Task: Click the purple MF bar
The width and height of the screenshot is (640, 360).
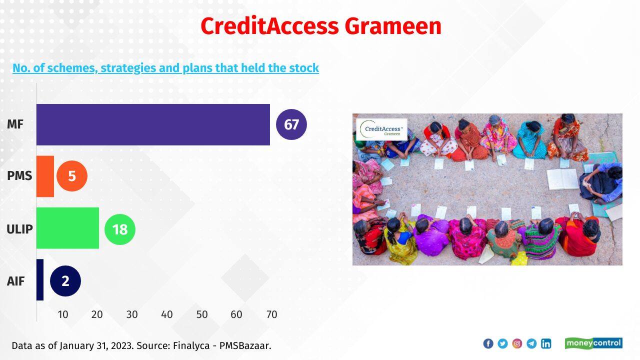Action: pyautogui.click(x=153, y=124)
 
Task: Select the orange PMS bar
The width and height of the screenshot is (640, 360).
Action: pyautogui.click(x=45, y=176)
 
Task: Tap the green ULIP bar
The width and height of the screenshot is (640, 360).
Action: pyautogui.click(x=67, y=228)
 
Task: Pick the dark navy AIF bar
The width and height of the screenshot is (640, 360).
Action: pyautogui.click(x=40, y=280)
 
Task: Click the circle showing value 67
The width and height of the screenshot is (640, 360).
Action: pyautogui.click(x=291, y=124)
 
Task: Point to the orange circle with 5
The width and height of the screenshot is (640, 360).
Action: pyautogui.click(x=72, y=176)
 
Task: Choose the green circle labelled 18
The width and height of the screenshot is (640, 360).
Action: pyautogui.click(x=120, y=229)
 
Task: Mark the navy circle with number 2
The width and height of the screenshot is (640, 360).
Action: pyautogui.click(x=65, y=281)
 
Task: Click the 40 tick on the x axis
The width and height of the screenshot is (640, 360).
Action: pyautogui.click(x=166, y=314)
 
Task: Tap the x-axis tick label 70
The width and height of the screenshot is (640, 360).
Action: pyautogui.click(x=271, y=314)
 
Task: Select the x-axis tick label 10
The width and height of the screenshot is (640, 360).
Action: pyautogui.click(x=63, y=314)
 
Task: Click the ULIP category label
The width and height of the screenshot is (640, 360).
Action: pyautogui.click(x=19, y=229)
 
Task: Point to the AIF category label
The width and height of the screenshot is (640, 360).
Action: pyautogui.click(x=15, y=281)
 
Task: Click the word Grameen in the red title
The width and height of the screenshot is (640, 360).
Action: pyautogui.click(x=393, y=26)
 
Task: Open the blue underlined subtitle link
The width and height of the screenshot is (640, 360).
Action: pyautogui.click(x=165, y=68)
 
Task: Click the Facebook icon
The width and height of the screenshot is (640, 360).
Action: pyautogui.click(x=488, y=343)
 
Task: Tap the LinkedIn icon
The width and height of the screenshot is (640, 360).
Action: pyautogui.click(x=546, y=343)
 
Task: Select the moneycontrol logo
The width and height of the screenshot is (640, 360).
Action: pyautogui.click(x=593, y=343)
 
